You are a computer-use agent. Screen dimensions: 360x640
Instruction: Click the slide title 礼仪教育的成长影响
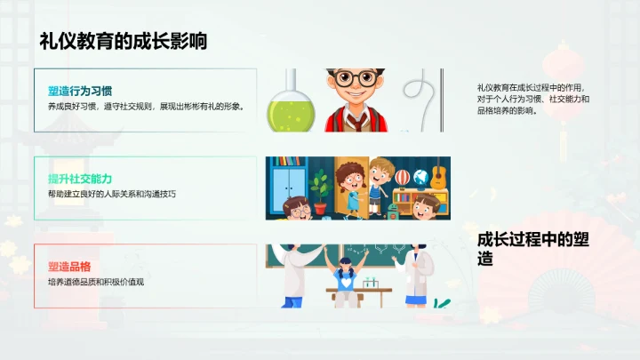(x=124, y=41)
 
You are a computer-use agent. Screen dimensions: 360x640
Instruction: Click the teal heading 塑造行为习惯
(x=80, y=91)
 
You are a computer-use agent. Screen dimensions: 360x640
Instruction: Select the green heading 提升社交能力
(x=80, y=179)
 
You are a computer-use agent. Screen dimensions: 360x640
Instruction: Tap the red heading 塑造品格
(x=69, y=267)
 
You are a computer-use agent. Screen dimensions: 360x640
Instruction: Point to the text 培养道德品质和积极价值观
(x=95, y=282)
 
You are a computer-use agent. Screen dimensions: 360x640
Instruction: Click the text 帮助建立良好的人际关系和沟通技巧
(x=112, y=193)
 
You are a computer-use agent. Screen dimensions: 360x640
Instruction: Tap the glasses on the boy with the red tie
(x=356, y=78)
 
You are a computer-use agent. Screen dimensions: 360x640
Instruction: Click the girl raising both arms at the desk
(x=347, y=271)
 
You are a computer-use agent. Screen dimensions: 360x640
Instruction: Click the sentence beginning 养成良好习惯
(x=146, y=106)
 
